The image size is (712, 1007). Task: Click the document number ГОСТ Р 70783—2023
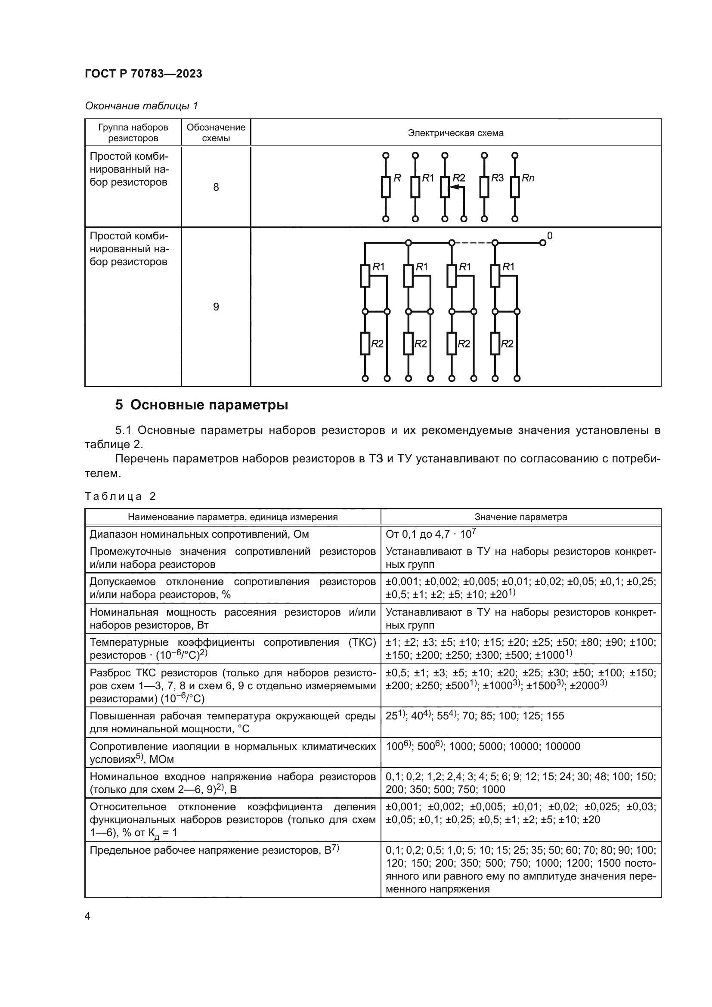click(x=143, y=74)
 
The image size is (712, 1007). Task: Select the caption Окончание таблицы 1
click(x=141, y=106)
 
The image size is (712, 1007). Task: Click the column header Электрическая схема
click(x=455, y=133)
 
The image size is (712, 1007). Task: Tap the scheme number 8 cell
click(x=216, y=187)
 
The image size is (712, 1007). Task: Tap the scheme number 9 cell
click(x=216, y=307)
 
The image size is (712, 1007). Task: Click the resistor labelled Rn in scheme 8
click(x=515, y=187)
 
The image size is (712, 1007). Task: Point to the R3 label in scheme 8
click(x=497, y=178)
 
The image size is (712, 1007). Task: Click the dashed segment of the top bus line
click(x=473, y=242)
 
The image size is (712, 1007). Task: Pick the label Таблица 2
click(x=120, y=496)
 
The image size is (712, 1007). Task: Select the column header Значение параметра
click(x=520, y=517)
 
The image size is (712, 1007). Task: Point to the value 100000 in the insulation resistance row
click(x=563, y=747)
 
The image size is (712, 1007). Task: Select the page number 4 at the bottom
click(x=88, y=916)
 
